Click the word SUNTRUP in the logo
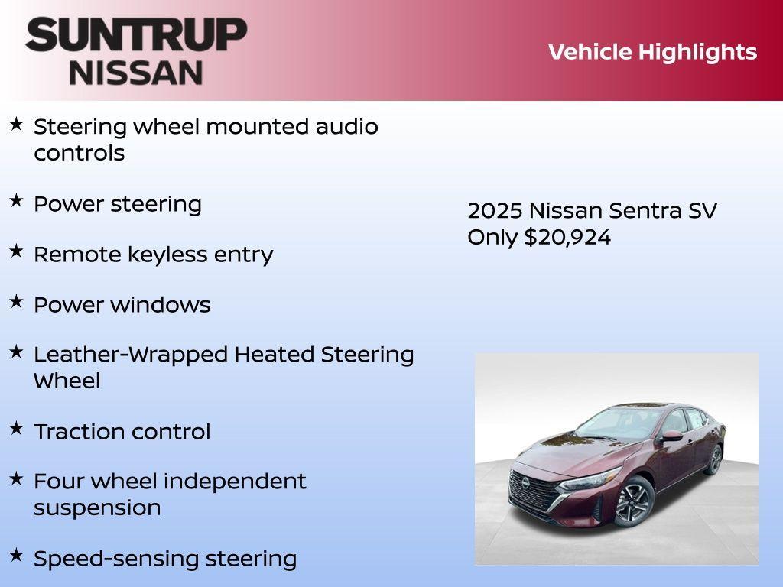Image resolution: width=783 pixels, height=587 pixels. point(136,35)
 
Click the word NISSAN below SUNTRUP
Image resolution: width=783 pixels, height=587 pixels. point(136,72)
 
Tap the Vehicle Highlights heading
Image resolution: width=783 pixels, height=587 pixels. point(652,52)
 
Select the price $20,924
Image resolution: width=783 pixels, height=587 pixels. point(567,238)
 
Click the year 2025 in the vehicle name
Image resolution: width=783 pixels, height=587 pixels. point(494,211)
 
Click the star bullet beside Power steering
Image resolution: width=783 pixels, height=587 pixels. point(16,201)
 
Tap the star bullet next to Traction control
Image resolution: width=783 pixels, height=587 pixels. point(16,428)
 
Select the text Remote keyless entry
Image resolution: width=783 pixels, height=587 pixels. point(153,255)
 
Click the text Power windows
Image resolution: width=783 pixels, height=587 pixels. point(122,305)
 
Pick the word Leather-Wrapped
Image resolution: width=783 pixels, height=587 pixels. point(131,355)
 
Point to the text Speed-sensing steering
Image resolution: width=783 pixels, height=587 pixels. point(164,559)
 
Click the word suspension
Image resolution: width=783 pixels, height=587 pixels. point(97,508)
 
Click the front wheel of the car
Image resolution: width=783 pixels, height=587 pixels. point(633,502)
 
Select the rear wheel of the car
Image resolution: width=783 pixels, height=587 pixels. point(715,460)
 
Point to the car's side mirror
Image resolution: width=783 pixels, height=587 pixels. point(671,436)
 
